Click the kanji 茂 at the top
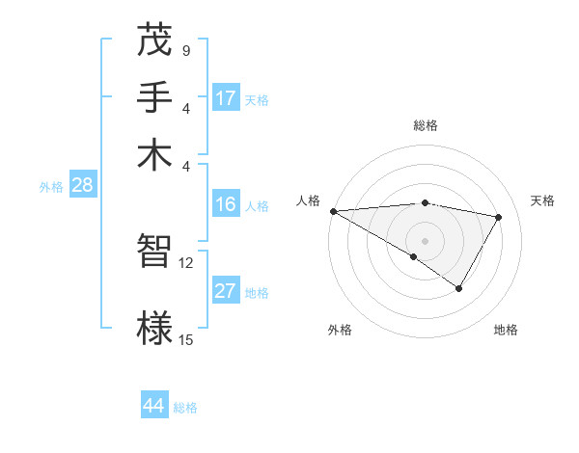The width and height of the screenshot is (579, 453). click(154, 43)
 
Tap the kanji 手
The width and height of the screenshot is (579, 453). click(154, 97)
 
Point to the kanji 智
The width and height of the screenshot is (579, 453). click(154, 252)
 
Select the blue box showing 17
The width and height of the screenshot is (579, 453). click(226, 98)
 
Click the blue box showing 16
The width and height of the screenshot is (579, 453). click(226, 204)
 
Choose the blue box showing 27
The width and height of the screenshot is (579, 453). click(226, 292)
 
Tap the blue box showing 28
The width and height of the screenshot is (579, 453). click(82, 186)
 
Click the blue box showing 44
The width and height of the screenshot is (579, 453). click(154, 406)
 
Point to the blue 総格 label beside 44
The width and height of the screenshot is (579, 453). click(185, 408)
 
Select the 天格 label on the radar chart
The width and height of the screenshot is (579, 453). click(542, 200)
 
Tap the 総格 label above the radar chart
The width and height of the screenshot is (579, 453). click(426, 125)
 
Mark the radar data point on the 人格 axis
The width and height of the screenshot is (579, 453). click(333, 211)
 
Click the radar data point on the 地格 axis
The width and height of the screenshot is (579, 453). click(459, 288)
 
